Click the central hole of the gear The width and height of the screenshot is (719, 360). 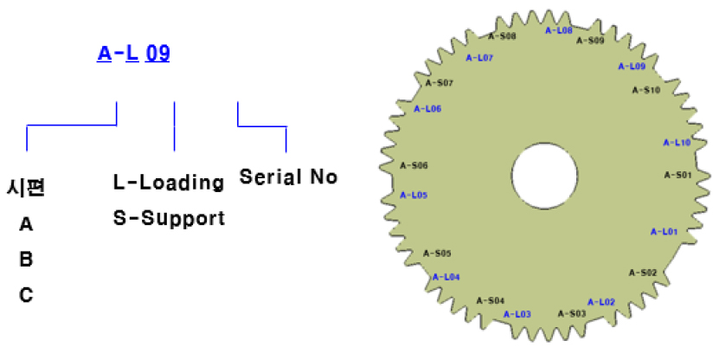[544, 176]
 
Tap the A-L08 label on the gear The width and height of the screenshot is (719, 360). [559, 30]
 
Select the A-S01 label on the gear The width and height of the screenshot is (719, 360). [677, 175]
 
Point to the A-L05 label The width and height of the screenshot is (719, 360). [414, 195]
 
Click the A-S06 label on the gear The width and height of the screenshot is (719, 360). [414, 165]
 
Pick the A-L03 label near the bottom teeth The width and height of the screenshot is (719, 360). [517, 314]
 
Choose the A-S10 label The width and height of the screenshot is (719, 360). [646, 90]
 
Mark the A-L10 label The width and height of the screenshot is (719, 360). [677, 143]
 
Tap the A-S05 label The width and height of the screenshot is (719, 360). [437, 254]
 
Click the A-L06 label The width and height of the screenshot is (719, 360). [427, 109]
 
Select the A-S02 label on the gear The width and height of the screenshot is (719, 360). [642, 273]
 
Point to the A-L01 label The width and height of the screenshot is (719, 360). [664, 232]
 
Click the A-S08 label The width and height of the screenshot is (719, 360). [502, 35]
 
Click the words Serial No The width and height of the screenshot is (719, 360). [288, 177]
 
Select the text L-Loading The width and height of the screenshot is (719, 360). [169, 182]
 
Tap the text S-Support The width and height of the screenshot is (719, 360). [169, 218]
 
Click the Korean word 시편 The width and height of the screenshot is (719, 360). [26, 188]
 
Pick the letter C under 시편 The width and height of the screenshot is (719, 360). [26, 294]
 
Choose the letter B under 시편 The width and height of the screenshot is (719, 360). [26, 259]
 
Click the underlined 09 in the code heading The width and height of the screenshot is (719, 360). [157, 53]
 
